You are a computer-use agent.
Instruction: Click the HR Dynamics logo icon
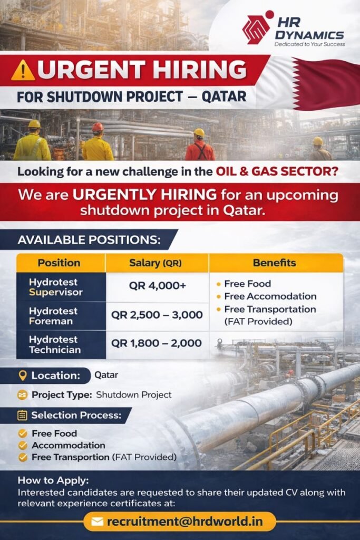[257, 29]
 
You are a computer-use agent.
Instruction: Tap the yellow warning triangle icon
[23, 70]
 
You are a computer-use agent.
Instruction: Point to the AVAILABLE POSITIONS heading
[89, 239]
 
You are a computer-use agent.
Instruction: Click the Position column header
[59, 263]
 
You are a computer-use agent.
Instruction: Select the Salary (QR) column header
[157, 263]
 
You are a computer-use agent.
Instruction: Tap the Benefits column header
[274, 263]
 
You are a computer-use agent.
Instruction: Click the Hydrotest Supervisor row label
[56, 287]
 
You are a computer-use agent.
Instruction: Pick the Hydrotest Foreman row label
[53, 316]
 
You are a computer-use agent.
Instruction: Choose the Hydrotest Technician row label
[55, 344]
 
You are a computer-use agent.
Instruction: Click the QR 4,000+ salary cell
[157, 286]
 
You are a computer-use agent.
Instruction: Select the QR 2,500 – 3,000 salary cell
[157, 315]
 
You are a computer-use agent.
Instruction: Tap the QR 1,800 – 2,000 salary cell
[157, 343]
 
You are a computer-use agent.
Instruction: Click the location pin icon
[22, 375]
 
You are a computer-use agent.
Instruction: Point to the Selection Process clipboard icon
[22, 415]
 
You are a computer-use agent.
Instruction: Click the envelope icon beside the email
[97, 522]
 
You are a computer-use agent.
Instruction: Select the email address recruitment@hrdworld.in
[184, 522]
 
